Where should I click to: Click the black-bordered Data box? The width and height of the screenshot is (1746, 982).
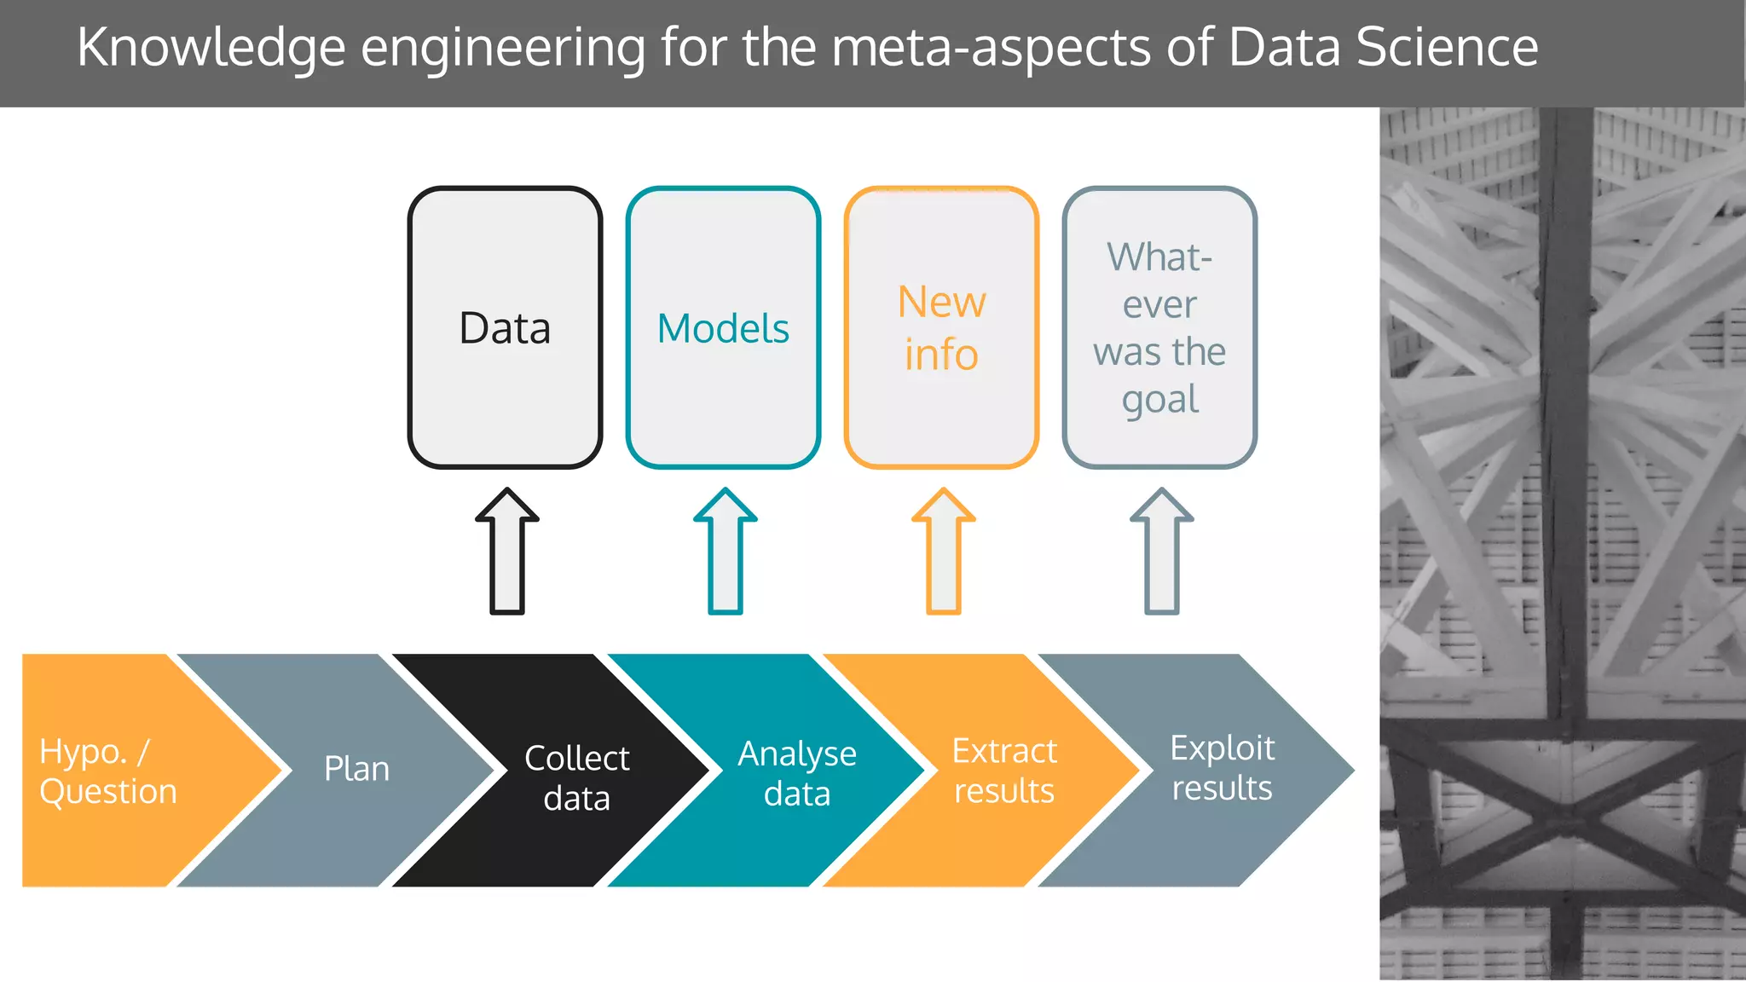[x=505, y=327]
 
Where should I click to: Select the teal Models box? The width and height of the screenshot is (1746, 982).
[x=723, y=327]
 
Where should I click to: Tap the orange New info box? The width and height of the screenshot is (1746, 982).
[x=941, y=327]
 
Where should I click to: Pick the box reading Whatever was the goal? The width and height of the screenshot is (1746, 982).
[x=1159, y=327]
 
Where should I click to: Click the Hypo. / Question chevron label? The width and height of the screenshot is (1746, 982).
[x=108, y=771]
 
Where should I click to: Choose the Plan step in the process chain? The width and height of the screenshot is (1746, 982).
[x=356, y=769]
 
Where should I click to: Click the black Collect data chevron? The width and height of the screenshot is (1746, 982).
[x=576, y=777]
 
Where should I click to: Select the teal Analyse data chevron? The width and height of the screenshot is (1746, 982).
[x=796, y=773]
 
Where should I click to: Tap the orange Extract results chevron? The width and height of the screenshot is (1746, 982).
[x=1004, y=771]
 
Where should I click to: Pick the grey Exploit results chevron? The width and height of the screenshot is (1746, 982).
[x=1222, y=767]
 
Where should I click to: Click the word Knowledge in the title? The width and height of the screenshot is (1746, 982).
[x=211, y=48]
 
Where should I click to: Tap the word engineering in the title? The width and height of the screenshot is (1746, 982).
[x=503, y=49]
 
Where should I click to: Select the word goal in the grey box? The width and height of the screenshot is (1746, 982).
[x=1159, y=399]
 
